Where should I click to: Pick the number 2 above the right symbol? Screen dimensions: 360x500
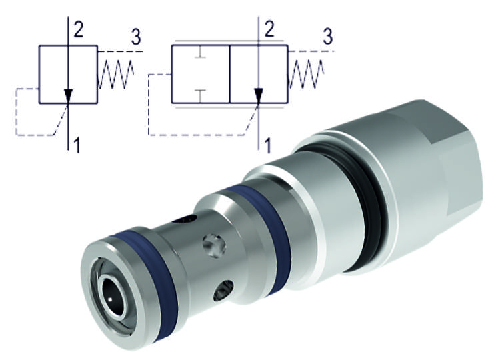(x=269, y=28)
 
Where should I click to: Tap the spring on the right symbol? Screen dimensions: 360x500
(x=306, y=74)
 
